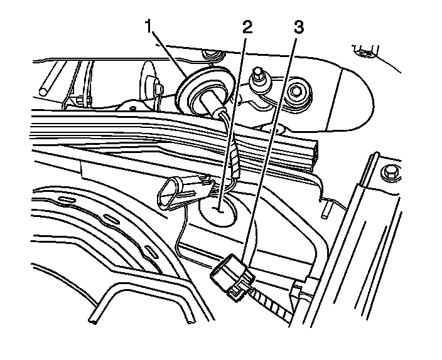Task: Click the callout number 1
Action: click(148, 26)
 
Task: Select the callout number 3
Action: click(299, 26)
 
